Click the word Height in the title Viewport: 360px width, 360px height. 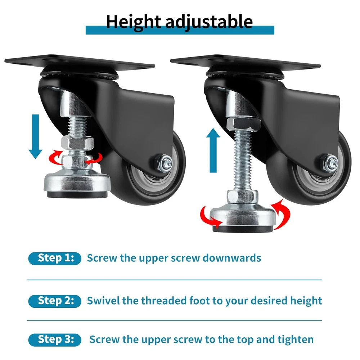point(133,22)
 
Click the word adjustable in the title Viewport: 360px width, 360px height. point(209,22)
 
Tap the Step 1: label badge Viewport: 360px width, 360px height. point(55,258)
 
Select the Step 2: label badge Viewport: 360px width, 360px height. point(55,301)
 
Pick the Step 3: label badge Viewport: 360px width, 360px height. point(55,339)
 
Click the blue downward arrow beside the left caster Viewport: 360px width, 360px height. point(35,136)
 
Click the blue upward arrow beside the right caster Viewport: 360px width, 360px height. point(213,150)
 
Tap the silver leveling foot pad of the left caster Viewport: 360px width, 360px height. point(77,183)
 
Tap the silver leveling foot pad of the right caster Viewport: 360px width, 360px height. point(243,216)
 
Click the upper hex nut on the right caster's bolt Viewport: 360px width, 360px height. point(243,124)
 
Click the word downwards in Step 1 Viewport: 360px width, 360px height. point(231,258)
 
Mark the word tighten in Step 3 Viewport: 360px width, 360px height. point(296,339)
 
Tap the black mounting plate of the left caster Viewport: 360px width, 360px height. point(80,61)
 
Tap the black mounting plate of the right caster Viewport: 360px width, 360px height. point(246,61)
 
